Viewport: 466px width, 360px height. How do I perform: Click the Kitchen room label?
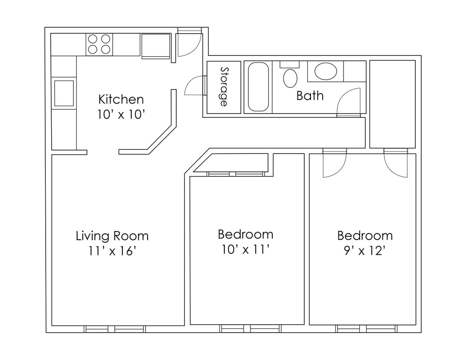pyautogui.click(x=121, y=99)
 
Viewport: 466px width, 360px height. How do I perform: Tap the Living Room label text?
pyautogui.click(x=112, y=235)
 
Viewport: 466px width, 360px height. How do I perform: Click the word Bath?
pyautogui.click(x=310, y=96)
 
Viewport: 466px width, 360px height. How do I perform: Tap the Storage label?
pyautogui.click(x=224, y=87)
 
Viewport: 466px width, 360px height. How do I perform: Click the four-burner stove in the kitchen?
pyautogui.click(x=99, y=44)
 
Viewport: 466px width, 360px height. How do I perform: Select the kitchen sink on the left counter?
pyautogui.click(x=64, y=93)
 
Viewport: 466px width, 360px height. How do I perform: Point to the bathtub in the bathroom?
pyautogui.click(x=258, y=87)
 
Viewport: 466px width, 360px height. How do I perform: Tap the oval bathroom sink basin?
pyautogui.click(x=326, y=71)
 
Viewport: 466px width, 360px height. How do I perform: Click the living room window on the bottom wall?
pyautogui.click(x=115, y=329)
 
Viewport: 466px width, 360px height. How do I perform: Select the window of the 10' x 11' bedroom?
pyautogui.click(x=250, y=329)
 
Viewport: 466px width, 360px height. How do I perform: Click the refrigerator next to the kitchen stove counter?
pyautogui.click(x=156, y=46)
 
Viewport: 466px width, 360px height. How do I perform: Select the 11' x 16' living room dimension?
pyautogui.click(x=112, y=251)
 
